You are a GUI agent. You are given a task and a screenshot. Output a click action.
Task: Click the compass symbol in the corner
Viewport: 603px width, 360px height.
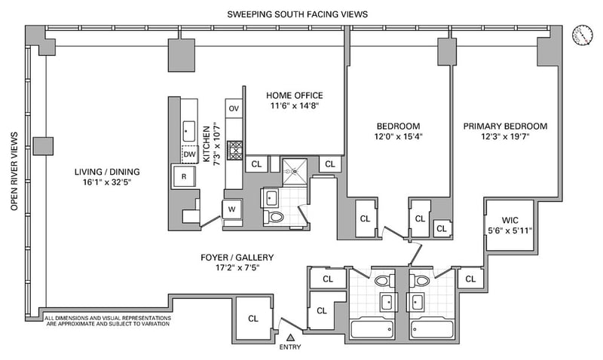pos(581,35)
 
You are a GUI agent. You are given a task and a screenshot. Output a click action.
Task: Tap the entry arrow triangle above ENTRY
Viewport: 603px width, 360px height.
pos(291,337)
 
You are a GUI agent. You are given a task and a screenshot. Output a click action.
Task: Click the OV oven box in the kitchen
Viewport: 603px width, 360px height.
pos(234,108)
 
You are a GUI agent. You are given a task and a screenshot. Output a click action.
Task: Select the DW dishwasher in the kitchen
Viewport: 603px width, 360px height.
pos(190,154)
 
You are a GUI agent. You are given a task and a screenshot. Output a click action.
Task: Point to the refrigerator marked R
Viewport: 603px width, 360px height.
pos(184,176)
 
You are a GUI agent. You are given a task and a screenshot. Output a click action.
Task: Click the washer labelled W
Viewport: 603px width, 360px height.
pos(232,209)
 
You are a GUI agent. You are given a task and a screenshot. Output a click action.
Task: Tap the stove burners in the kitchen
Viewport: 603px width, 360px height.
pos(234,150)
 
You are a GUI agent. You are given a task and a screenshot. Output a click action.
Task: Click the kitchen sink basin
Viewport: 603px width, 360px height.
pos(188,131)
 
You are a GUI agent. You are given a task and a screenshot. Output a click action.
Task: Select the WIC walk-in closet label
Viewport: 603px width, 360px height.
pos(510,221)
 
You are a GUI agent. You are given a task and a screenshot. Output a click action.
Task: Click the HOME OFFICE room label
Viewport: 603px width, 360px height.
pos(295,96)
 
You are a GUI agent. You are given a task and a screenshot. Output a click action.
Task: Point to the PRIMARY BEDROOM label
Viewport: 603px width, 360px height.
pos(505,126)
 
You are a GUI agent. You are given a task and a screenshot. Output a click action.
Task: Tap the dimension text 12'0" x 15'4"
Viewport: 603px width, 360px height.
pos(399,136)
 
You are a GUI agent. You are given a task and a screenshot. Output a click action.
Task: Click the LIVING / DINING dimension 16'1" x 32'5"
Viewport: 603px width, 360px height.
pos(107,182)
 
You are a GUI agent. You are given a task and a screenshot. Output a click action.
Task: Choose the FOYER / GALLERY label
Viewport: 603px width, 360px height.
pos(237,258)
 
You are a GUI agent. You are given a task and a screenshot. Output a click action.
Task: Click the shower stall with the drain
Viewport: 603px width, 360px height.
pos(295,171)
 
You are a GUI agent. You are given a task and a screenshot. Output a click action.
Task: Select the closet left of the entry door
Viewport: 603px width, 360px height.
pos(253,318)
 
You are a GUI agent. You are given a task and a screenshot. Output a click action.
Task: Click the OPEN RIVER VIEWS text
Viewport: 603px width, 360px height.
pos(14,172)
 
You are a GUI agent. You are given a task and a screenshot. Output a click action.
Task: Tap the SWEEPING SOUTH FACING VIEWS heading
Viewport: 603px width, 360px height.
pos(297,14)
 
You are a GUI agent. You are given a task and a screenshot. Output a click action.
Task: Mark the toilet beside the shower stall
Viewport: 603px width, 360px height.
pos(274,217)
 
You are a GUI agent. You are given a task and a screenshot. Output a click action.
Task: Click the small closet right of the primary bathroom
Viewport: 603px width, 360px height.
pos(470,279)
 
